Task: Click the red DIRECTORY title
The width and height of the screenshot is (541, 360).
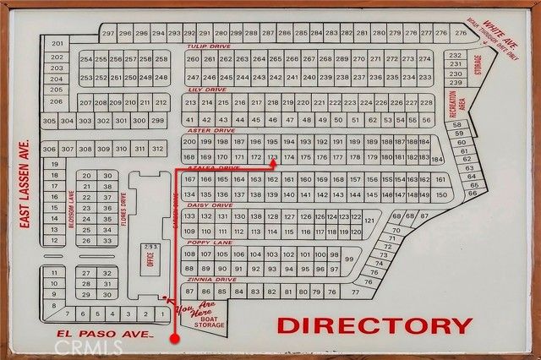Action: tap(374, 325)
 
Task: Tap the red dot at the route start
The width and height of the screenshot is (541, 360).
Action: tap(175, 338)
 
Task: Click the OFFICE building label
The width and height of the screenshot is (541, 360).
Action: tap(150, 259)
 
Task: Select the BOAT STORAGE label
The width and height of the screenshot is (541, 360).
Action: tap(209, 320)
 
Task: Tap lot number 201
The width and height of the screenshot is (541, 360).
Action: tap(57, 43)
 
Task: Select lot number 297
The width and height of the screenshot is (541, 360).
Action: tap(108, 33)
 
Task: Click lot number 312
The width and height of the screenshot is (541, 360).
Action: tap(157, 149)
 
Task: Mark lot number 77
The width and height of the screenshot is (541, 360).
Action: tap(354, 292)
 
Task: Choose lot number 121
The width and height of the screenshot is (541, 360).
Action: tap(369, 220)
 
